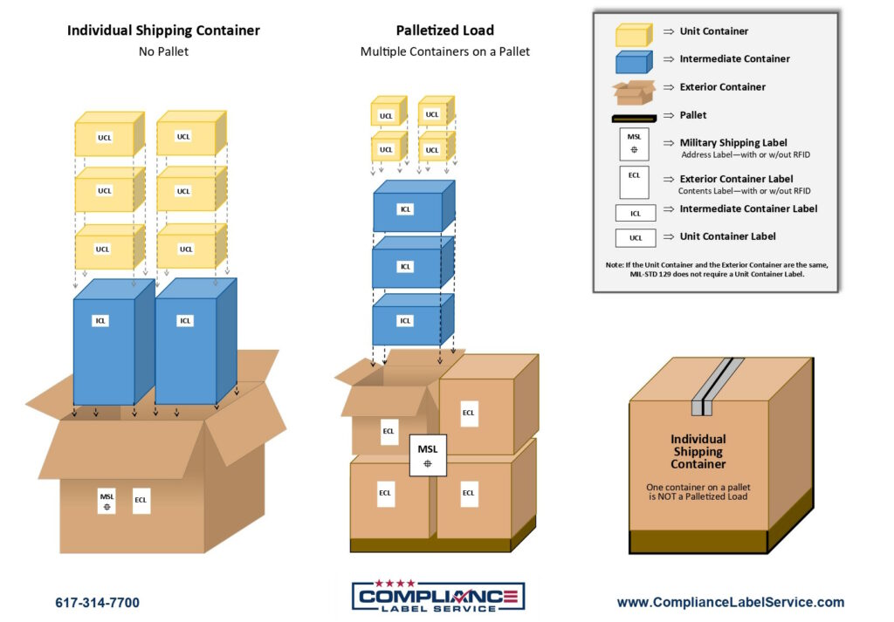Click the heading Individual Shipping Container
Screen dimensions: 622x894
tap(163, 31)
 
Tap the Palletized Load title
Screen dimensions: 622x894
tap(444, 31)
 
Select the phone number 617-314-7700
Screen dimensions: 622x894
tap(97, 603)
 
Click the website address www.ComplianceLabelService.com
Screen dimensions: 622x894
tap(730, 602)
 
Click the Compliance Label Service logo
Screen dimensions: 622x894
tap(438, 597)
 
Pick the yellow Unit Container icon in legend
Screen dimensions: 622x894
tap(633, 35)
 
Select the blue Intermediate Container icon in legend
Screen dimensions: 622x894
tap(633, 62)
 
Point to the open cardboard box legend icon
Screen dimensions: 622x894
tap(633, 90)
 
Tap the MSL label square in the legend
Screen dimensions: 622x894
tap(634, 145)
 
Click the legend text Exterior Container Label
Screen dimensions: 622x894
tap(748, 179)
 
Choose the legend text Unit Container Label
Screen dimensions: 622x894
tap(727, 236)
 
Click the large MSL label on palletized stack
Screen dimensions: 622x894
tap(428, 455)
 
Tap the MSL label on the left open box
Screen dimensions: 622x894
tap(107, 501)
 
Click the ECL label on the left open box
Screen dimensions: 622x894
tap(141, 501)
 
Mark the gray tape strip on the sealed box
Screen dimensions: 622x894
tap(710, 386)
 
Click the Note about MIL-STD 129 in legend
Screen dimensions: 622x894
tap(715, 269)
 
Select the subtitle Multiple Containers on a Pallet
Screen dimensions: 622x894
tap(444, 51)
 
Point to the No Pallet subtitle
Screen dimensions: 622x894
tap(163, 51)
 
